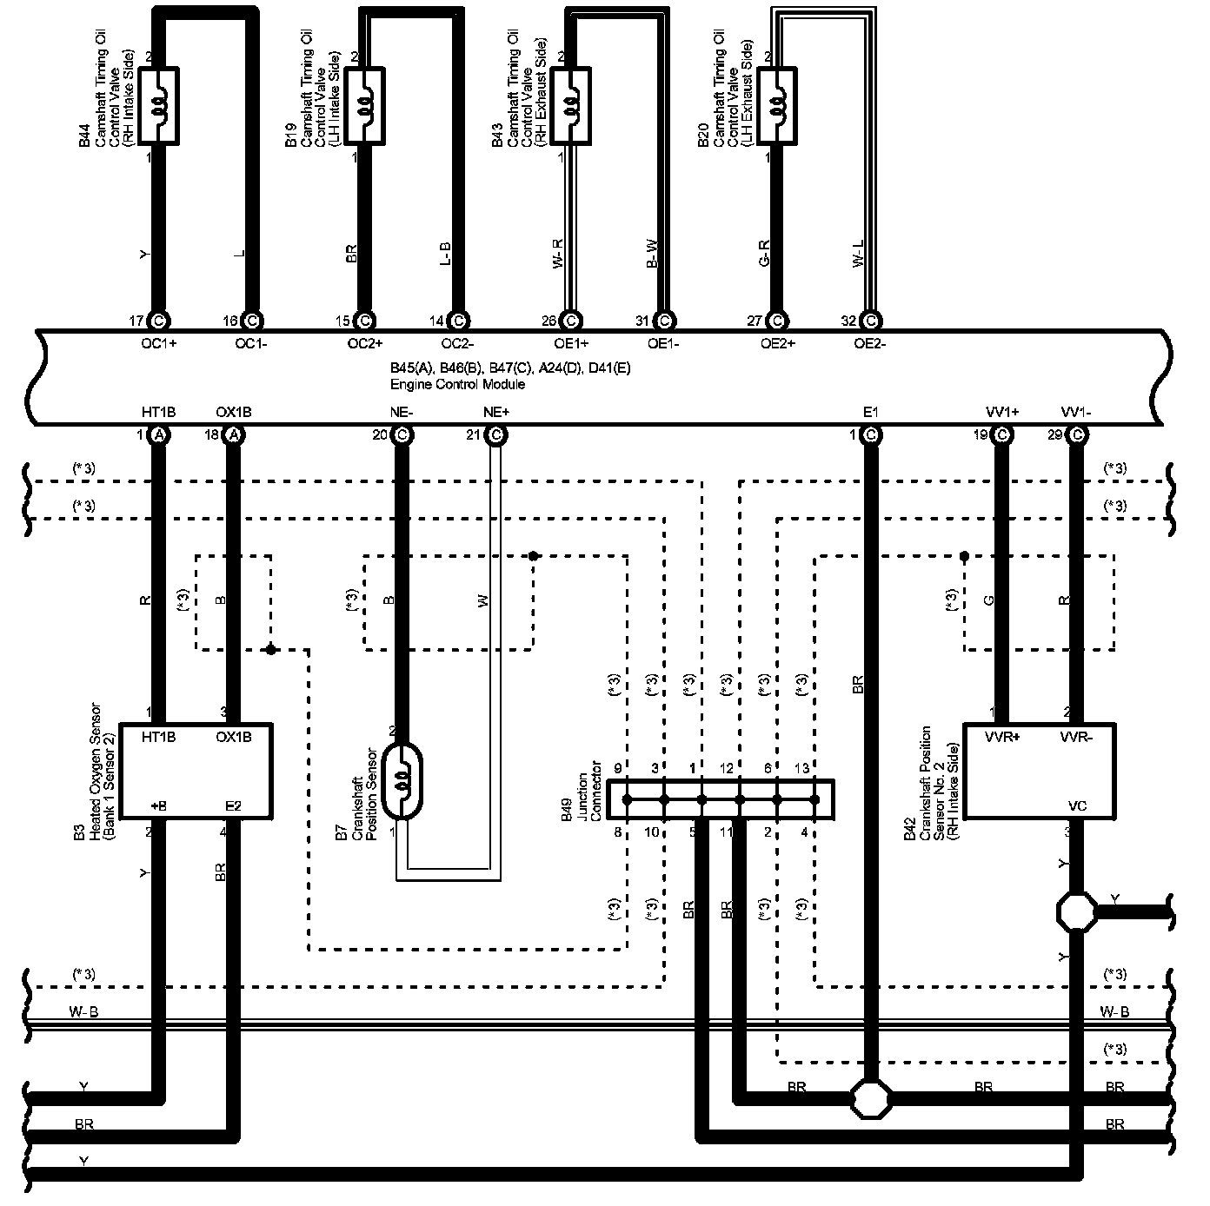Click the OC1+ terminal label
tap(158, 343)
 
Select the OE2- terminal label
tap(869, 343)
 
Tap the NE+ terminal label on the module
tap(495, 412)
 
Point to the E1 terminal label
tap(870, 412)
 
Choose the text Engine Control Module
tap(457, 384)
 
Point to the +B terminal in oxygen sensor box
tap(158, 806)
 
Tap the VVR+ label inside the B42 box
tap(1002, 738)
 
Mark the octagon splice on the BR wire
tap(870, 1099)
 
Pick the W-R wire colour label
tap(559, 254)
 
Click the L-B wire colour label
tap(445, 254)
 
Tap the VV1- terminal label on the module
tap(1076, 412)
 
